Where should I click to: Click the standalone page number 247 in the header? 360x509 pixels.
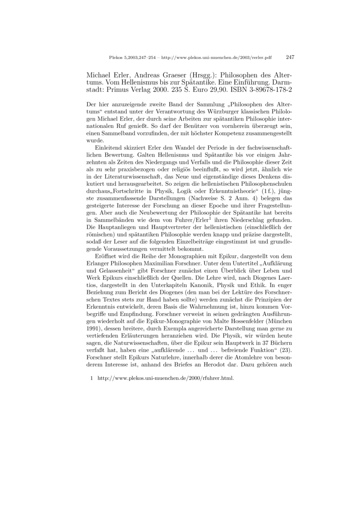[290, 57]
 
